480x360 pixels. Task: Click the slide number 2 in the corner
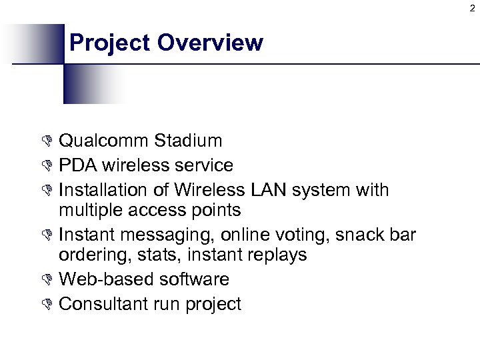click(472, 8)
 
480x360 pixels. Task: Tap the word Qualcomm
click(104, 141)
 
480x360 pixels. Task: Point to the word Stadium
click(188, 141)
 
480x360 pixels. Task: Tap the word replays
click(278, 255)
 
